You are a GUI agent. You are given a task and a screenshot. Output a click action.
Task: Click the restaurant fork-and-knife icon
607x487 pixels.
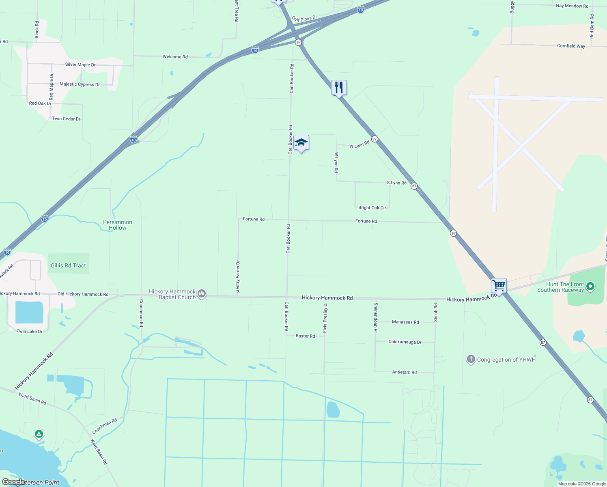[x=339, y=88]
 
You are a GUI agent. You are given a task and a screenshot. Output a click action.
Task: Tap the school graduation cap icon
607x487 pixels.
[x=301, y=143]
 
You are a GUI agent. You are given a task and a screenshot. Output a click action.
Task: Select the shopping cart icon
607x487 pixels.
[x=499, y=286]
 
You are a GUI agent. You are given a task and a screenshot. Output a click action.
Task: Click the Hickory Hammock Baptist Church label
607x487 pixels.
[x=172, y=294]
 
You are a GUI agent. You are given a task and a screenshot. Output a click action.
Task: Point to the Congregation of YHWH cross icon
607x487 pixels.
[x=471, y=359]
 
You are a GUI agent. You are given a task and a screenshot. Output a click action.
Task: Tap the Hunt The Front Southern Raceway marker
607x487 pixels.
[x=590, y=287]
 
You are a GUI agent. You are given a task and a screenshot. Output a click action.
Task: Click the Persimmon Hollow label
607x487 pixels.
[x=118, y=225]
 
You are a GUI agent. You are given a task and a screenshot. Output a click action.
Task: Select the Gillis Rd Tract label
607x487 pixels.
[x=68, y=265]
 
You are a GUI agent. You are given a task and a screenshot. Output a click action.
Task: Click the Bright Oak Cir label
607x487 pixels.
[x=372, y=208]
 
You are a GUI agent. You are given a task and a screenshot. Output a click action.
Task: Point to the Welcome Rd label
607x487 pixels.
[x=175, y=57]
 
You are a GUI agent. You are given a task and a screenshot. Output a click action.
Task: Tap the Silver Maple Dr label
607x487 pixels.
[x=80, y=65]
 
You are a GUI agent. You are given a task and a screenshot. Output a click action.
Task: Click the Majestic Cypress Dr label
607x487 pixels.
[x=80, y=84]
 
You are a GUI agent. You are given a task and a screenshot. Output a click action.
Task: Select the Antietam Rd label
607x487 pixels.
[x=404, y=372]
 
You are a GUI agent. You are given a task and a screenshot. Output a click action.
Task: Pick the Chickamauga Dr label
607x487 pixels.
[x=405, y=342]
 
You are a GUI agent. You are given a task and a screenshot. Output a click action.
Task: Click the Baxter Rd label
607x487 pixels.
[x=305, y=336]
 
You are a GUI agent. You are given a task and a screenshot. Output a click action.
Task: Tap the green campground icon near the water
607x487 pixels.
[x=39, y=434]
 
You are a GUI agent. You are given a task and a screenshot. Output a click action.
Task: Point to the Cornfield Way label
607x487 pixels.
[x=571, y=46]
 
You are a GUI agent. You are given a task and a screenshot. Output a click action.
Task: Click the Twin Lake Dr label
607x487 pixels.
[x=30, y=332]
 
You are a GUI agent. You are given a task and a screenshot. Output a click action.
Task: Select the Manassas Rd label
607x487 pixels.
[x=405, y=322]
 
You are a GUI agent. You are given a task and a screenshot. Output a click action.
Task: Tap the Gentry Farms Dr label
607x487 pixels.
[x=238, y=276]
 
